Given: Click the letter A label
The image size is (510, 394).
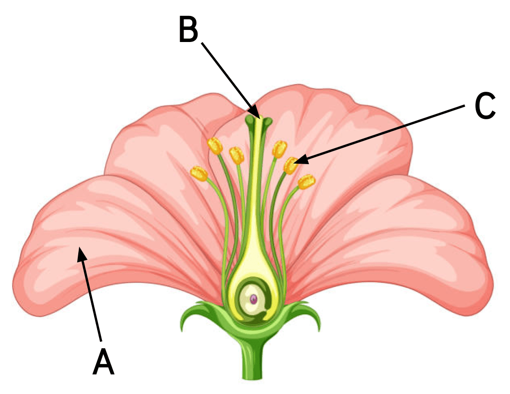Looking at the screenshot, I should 103,361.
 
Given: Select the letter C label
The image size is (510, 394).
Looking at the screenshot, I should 485,107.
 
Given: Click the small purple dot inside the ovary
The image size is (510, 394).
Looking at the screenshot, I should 254,299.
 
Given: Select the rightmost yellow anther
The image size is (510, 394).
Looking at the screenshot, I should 306,182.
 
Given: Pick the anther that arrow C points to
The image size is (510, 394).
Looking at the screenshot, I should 291,166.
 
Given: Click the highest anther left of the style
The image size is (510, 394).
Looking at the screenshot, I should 215,145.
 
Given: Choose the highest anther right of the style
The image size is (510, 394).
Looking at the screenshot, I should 280,149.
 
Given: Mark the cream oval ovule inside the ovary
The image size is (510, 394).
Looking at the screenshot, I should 252,299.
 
